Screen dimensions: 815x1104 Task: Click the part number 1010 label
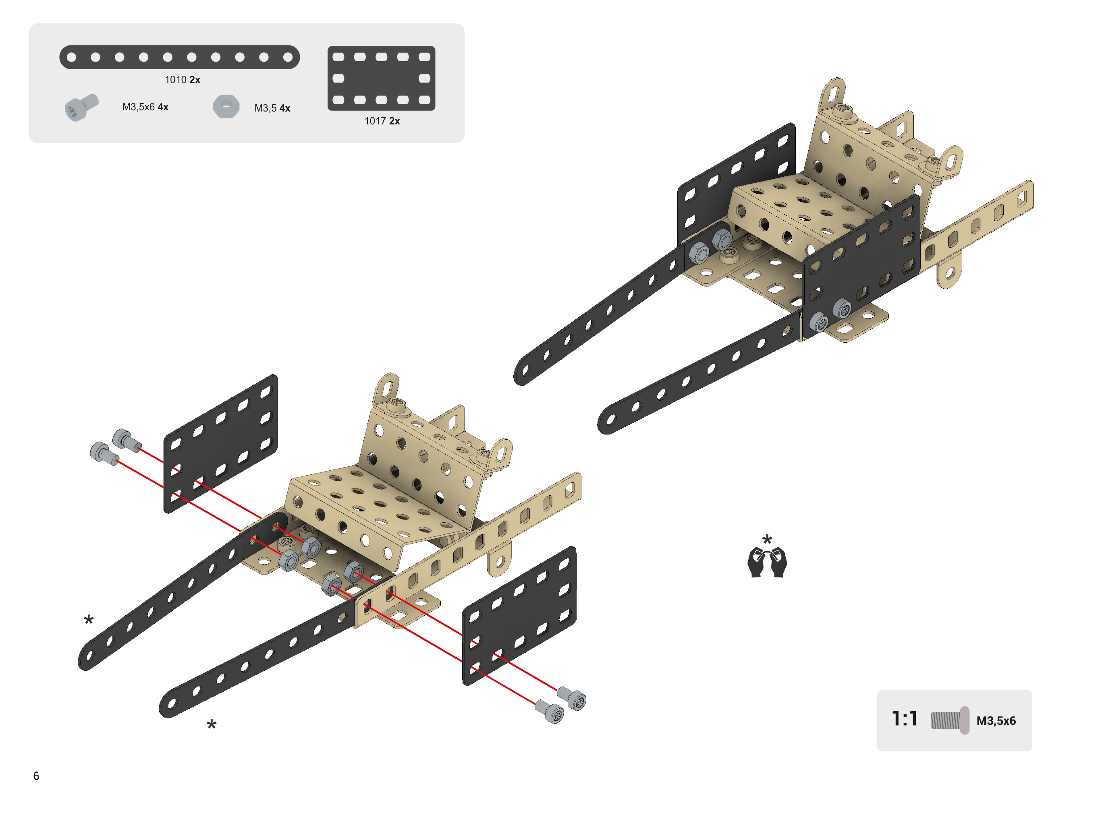175,80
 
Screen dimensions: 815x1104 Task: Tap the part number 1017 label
376,121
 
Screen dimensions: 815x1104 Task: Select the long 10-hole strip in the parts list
180,58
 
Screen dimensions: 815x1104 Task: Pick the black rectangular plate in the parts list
382,79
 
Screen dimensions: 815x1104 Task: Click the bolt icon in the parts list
81,107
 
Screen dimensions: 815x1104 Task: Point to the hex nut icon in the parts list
226,107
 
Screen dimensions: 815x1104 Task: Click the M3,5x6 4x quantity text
145,107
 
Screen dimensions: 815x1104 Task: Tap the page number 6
36,776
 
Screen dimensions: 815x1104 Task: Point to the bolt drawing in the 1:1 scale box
950,720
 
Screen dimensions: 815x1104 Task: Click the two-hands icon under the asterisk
767,563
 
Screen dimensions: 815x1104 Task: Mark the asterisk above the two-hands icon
767,539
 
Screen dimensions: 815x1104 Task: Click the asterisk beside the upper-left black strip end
89,620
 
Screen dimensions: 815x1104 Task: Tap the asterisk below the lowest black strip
212,725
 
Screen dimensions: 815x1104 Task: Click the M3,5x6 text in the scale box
996,721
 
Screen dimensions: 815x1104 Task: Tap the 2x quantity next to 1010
195,80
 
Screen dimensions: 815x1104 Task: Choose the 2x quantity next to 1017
394,121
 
